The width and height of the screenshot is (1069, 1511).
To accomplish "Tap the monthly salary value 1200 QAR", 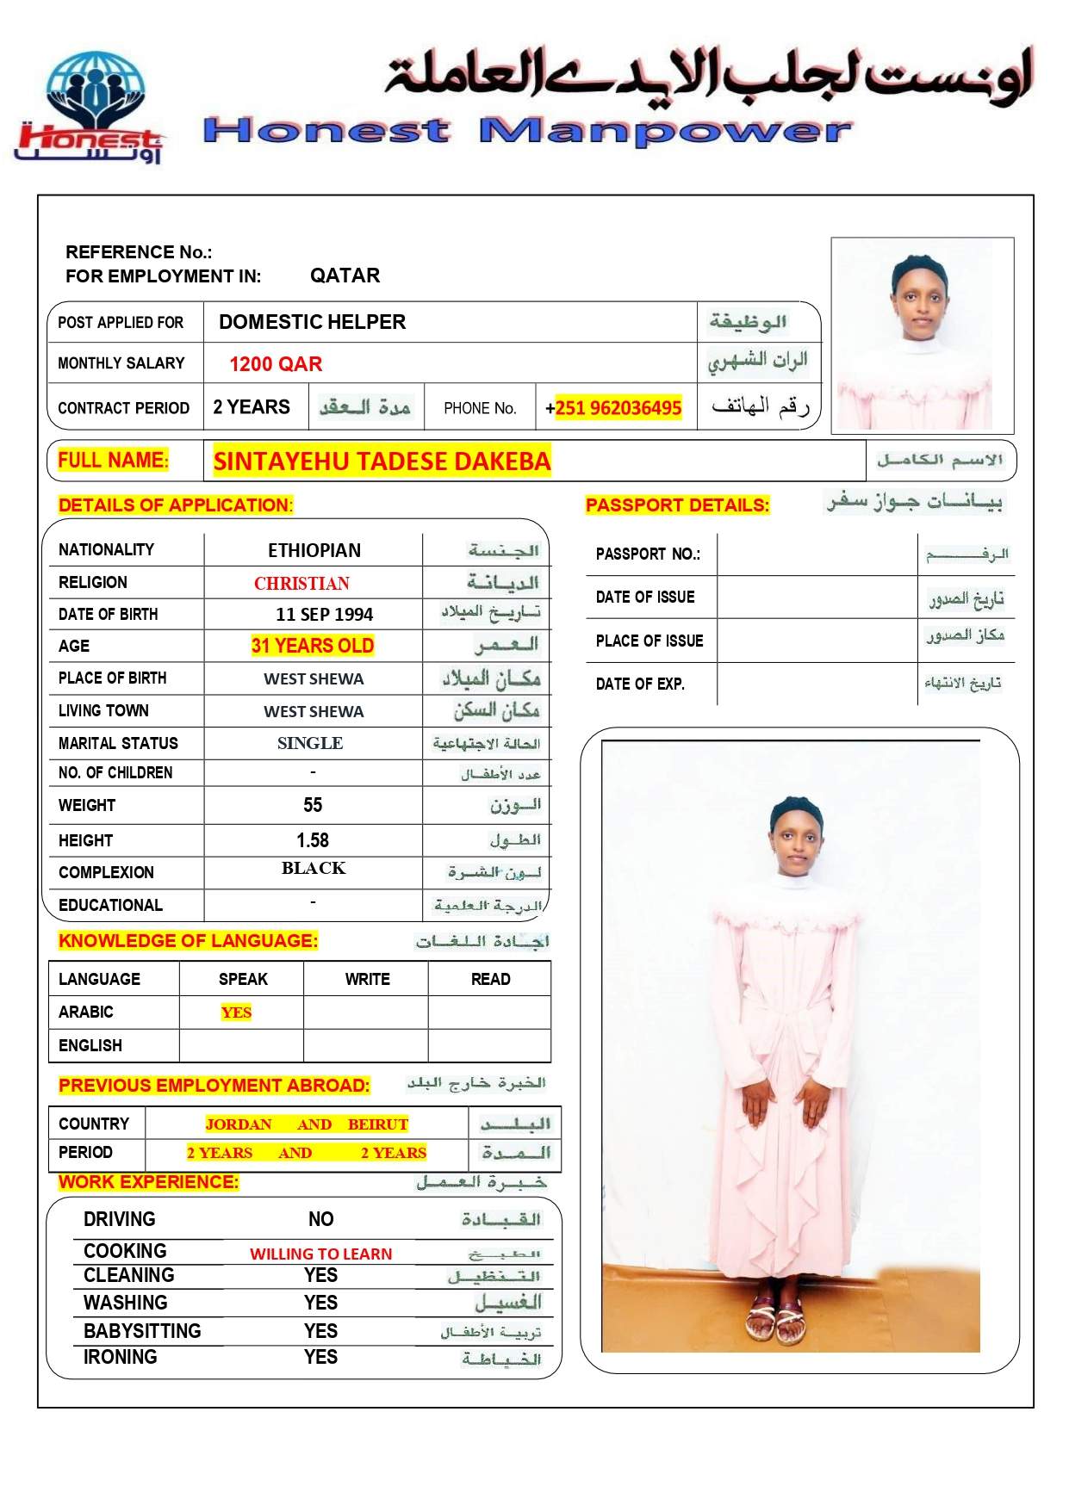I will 276,364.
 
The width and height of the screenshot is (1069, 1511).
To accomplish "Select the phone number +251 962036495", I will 613,407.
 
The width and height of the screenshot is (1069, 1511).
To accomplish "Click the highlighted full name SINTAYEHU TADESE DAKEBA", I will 382,461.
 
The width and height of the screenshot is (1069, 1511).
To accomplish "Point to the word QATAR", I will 345,276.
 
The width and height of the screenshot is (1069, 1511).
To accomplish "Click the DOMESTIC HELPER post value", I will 312,322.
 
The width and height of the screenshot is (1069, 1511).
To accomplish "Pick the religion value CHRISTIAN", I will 301,584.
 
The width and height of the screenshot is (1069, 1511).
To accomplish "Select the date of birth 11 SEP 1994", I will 324,615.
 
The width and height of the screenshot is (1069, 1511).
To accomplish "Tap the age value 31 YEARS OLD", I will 313,646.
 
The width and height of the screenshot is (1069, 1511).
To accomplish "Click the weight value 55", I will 313,805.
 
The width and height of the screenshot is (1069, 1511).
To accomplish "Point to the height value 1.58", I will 313,840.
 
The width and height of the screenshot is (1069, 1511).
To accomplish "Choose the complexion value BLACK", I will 314,868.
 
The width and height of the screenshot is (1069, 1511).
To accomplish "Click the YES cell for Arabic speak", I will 236,1012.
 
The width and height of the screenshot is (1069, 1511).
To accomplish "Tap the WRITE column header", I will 367,980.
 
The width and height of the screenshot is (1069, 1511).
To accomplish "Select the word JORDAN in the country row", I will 239,1124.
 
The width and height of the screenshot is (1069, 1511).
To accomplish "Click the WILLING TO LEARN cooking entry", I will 320,1254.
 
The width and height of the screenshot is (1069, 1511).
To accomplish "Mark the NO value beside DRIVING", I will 320,1219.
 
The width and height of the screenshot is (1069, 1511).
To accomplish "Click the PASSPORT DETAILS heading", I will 677,505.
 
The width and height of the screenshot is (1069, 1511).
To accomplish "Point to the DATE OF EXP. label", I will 640,684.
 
